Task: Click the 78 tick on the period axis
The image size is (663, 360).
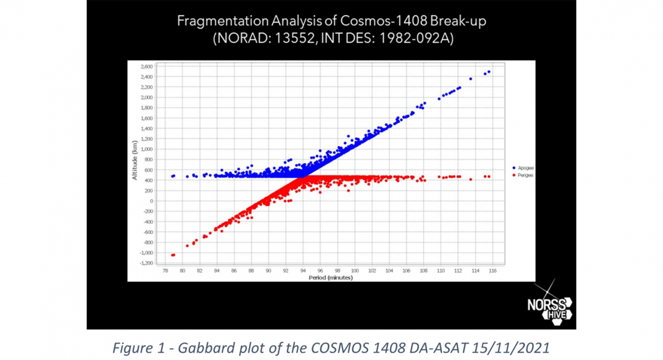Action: pos(165,271)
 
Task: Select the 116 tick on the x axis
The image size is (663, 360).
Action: pos(492,271)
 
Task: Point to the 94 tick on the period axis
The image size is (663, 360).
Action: pos(303,271)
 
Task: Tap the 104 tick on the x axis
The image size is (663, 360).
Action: pos(389,271)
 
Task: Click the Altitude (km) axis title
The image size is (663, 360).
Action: pos(135,161)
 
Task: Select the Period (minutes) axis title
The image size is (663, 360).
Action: pos(330,277)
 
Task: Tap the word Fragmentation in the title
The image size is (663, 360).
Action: pos(217,22)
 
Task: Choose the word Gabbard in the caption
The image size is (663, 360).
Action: pos(213,348)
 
